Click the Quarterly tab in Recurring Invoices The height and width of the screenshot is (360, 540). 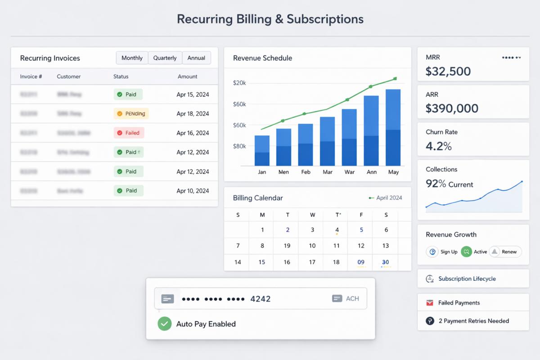pos(165,58)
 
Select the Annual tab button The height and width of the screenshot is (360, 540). pos(196,58)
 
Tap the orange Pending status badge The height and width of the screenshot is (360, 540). pos(131,114)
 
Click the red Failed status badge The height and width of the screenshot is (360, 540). pos(128,133)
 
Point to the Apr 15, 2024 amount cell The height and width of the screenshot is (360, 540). pos(193,94)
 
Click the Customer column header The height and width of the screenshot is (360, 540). pos(69,76)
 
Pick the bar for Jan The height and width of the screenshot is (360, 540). pos(262,150)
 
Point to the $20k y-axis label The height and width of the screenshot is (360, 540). pos(239,83)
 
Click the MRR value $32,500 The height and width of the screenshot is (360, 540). pos(448,71)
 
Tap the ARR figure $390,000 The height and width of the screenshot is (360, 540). pos(452,108)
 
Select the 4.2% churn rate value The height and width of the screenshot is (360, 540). pos(439,146)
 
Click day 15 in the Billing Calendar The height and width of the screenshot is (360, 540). pos(262,262)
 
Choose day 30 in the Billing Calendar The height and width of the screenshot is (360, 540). pos(386,262)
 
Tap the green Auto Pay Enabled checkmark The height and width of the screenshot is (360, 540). pos(165,324)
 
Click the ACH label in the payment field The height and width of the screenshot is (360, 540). pos(352,298)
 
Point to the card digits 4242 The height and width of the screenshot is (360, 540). pos(260,298)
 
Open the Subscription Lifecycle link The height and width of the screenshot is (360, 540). pos(467,279)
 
